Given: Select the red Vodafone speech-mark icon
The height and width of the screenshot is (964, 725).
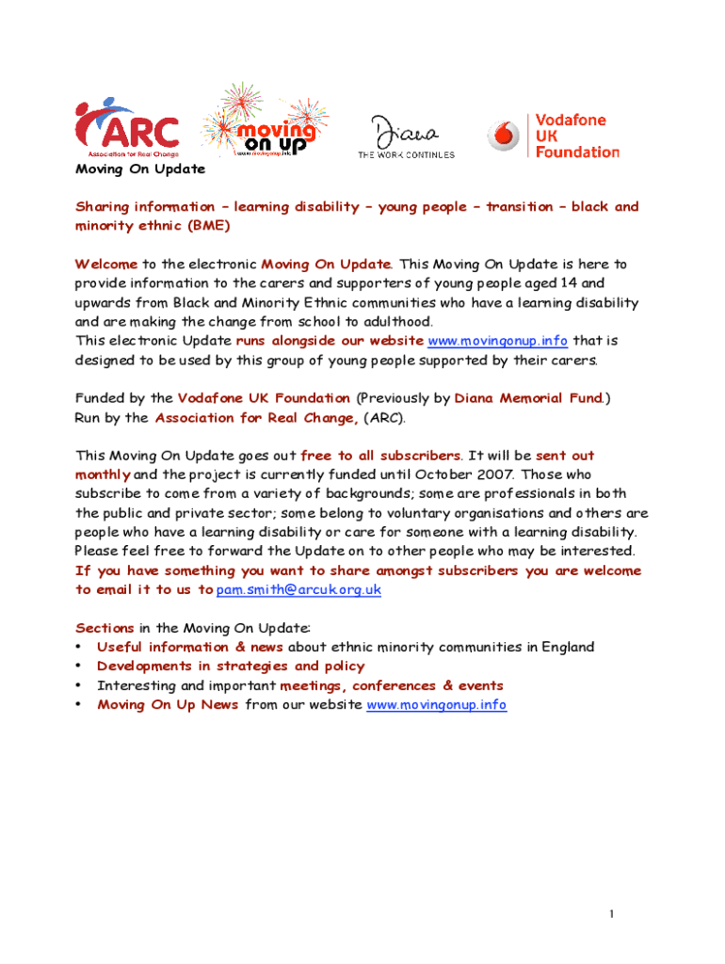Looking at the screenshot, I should coord(503,137).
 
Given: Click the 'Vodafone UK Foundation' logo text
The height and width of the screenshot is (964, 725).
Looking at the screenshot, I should coord(577,137).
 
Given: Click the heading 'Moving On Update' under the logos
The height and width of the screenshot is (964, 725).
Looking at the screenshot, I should coord(139,169).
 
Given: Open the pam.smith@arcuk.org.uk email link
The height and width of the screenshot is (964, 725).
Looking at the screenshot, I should coord(298,589).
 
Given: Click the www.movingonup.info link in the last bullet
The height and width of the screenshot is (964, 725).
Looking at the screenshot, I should coord(436,704).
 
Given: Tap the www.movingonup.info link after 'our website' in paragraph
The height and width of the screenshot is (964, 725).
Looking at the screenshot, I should coord(497,340).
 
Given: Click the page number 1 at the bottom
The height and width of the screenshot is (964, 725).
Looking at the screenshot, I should coord(611,914).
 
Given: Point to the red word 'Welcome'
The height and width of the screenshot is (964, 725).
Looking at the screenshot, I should coord(106,264).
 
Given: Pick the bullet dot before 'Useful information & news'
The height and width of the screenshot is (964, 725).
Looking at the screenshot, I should coord(79,647).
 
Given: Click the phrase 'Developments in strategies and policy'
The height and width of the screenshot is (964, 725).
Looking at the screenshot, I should coord(231,666).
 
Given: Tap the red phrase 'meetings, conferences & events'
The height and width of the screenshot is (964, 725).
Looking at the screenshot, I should coord(392,685).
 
